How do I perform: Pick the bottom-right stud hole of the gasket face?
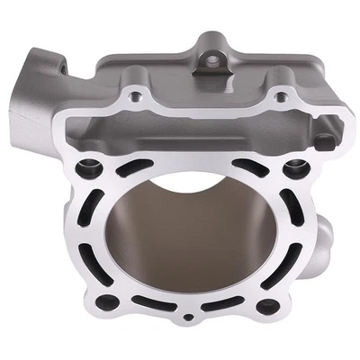click(x=267, y=304)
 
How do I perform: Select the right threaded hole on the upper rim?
click(x=283, y=94)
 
